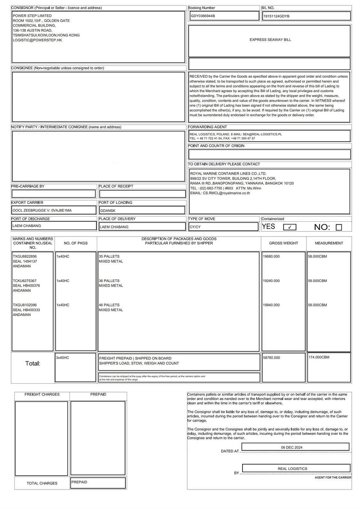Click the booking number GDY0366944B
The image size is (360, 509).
tap(203, 16)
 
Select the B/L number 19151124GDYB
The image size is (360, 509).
tap(276, 17)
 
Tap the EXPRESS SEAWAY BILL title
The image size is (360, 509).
tap(270, 40)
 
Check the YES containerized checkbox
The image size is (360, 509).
tap(290, 227)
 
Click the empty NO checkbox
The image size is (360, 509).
tap(339, 227)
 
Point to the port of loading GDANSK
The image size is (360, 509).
tap(108, 211)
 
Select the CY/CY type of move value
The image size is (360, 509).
tap(195, 227)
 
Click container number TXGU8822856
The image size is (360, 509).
tap(25, 257)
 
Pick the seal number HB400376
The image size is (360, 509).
tap(32, 286)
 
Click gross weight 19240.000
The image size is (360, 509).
tap(271, 281)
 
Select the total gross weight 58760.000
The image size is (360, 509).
tap(271, 358)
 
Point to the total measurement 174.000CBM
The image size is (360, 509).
tap(319, 357)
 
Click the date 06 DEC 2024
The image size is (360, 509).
tap(292, 447)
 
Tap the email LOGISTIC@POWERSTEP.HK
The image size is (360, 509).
tap(37, 40)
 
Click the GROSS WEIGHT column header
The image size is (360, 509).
tap(284, 243)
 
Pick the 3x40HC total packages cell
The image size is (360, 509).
tap(63, 358)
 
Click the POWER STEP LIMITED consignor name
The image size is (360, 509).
tap(32, 16)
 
